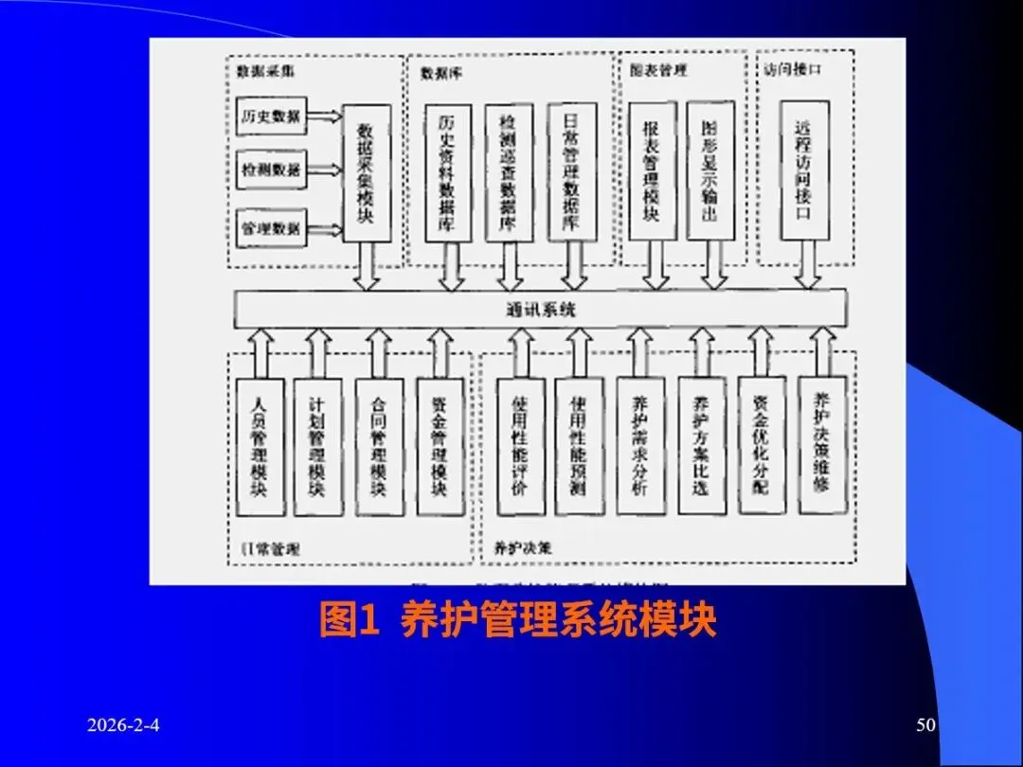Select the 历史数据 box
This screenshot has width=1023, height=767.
coord(271,116)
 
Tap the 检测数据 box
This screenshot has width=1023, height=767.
coord(271,170)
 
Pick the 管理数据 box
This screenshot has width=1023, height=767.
coord(271,227)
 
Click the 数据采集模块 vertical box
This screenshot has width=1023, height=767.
coord(366,175)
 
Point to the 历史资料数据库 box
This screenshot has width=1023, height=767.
coord(448,172)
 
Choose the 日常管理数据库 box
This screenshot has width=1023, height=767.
coord(572,170)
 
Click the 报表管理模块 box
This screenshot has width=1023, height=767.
coord(653,170)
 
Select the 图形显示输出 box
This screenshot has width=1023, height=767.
coord(710,170)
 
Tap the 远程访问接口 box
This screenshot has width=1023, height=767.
coord(804,170)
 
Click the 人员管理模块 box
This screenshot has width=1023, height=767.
coord(259,445)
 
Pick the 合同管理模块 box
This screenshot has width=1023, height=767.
coord(379,445)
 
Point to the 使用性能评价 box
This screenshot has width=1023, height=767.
coord(520,445)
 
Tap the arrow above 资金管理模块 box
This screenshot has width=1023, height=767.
coord(440,352)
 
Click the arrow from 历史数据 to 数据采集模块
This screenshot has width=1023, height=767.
coord(325,116)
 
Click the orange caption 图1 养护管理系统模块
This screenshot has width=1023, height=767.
coord(517,621)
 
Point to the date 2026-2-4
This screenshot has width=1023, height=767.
coord(123,725)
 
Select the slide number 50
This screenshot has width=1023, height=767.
coord(925,725)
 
